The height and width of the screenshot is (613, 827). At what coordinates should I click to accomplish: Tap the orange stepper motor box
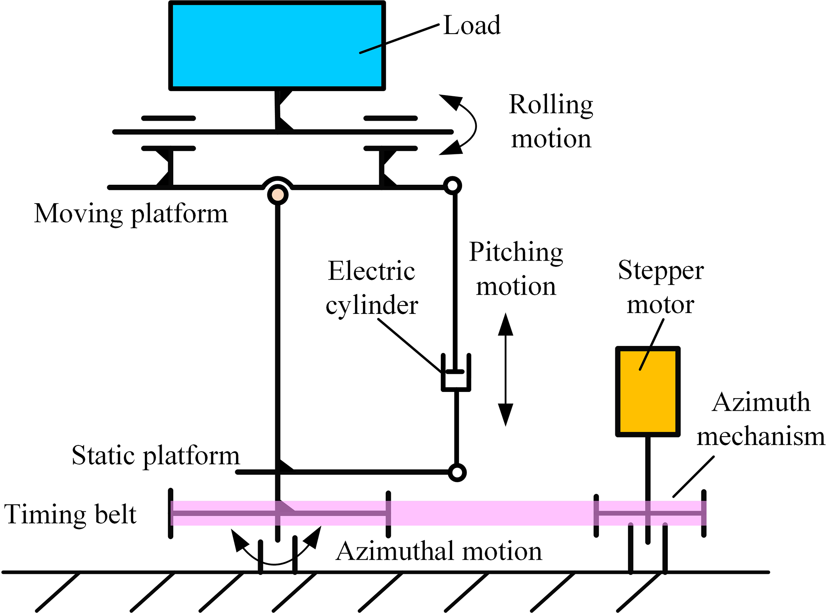(647, 391)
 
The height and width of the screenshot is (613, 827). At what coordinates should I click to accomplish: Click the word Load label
(472, 25)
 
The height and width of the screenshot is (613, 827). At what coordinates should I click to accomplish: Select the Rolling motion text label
(551, 122)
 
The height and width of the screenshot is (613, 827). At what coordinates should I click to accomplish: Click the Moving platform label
(131, 214)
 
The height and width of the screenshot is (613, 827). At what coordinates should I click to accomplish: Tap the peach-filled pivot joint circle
(278, 195)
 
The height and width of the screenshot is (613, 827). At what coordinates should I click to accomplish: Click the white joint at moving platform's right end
(453, 186)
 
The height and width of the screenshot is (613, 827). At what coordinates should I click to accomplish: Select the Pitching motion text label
(516, 269)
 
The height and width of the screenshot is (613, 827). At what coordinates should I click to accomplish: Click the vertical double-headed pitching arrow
(506, 369)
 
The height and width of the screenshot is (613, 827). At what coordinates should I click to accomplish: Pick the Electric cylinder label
(372, 288)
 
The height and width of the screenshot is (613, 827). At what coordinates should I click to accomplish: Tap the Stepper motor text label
(661, 287)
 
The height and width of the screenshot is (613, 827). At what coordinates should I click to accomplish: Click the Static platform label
(156, 455)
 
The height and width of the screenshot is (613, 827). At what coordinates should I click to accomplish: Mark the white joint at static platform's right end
(457, 472)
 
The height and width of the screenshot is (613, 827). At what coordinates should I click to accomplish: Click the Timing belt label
(70, 514)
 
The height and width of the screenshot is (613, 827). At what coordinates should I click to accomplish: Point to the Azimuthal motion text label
(439, 551)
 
